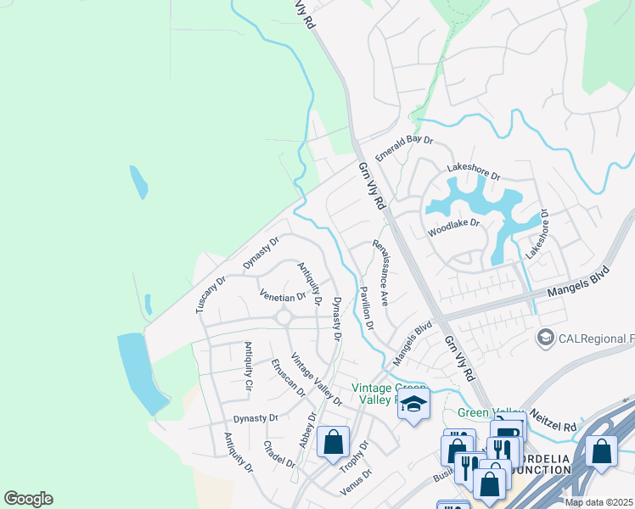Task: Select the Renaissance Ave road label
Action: pyautogui.click(x=381, y=272)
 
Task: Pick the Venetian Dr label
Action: pyautogui.click(x=283, y=298)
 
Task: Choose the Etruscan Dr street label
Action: pyautogui.click(x=288, y=377)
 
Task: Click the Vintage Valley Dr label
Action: pyautogui.click(x=316, y=378)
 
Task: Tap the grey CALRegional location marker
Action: pyautogui.click(x=545, y=339)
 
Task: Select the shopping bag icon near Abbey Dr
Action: pyautogui.click(x=334, y=441)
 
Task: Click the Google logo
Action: pyautogui.click(x=28, y=499)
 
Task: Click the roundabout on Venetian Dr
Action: pyautogui.click(x=283, y=318)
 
